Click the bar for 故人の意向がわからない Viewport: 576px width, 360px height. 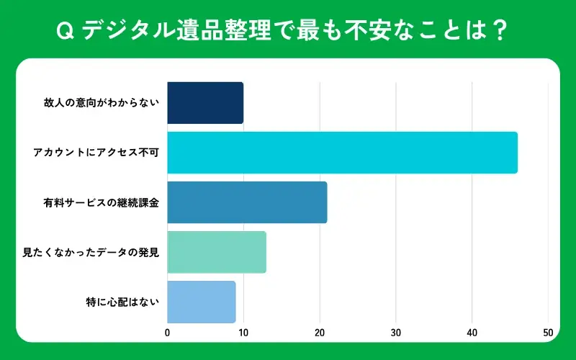205,103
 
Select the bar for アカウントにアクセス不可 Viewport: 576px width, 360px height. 342,153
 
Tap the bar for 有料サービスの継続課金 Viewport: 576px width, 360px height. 247,202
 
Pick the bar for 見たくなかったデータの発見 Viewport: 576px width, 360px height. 217,252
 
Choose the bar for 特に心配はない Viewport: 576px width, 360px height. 202,302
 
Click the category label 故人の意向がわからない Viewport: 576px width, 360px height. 101,103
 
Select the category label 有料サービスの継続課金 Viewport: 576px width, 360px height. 101,202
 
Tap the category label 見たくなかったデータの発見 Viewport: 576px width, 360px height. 91,252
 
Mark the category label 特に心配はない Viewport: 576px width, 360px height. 122,302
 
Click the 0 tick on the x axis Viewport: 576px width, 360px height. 168,333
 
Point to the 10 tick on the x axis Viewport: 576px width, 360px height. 243,333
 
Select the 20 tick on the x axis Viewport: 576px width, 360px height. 320,333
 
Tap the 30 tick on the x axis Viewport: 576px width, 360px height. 396,333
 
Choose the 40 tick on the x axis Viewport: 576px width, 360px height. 472,333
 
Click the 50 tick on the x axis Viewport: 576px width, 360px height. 548,333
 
